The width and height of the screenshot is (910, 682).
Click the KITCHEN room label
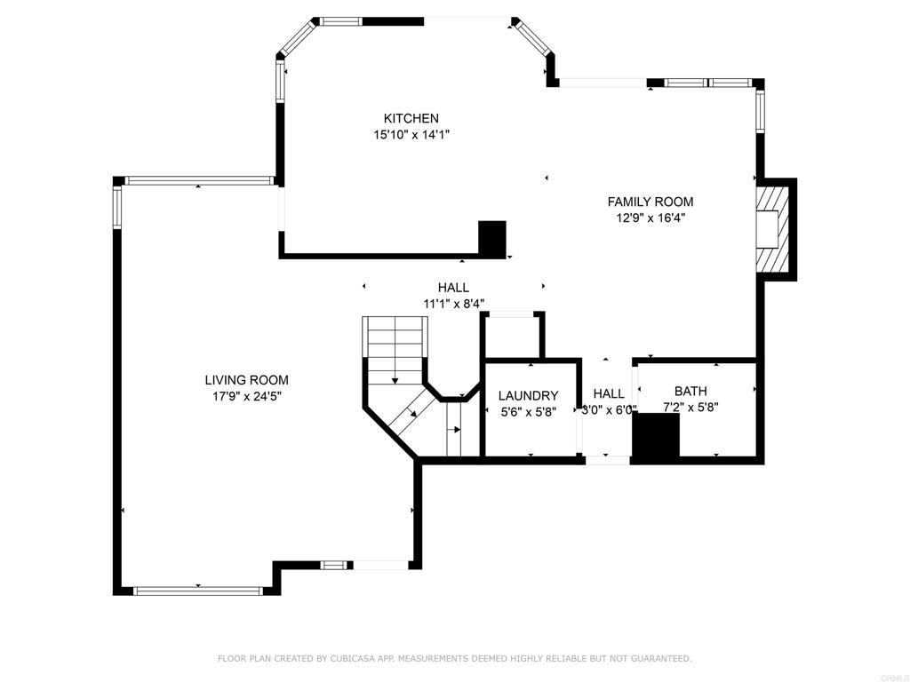[x=411, y=118]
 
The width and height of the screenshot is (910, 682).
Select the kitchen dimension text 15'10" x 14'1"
[x=411, y=135]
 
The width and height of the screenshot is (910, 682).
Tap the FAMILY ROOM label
[x=650, y=202]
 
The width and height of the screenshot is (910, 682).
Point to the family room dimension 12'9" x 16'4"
[x=650, y=218]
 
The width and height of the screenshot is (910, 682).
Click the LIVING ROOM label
[x=246, y=380]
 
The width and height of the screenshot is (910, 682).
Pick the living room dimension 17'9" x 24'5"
[x=246, y=397]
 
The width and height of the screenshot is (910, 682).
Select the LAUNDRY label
[x=528, y=395]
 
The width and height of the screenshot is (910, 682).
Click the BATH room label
[x=690, y=391]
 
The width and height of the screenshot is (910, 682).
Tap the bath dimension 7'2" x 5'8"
[x=690, y=408]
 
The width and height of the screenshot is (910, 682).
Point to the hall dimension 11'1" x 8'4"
[x=453, y=304]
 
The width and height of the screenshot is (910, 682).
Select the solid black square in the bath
[x=655, y=436]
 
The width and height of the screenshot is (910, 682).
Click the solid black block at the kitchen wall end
[x=491, y=238]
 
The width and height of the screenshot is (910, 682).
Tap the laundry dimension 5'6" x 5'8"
[x=528, y=412]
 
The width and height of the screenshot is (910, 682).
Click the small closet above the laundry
[x=512, y=336]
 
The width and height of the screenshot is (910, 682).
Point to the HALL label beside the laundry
[x=609, y=393]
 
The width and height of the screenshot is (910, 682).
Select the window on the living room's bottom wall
[x=197, y=591]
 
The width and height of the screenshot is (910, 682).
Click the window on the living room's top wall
[x=198, y=180]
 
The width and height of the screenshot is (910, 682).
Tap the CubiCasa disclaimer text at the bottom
[x=454, y=658]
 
